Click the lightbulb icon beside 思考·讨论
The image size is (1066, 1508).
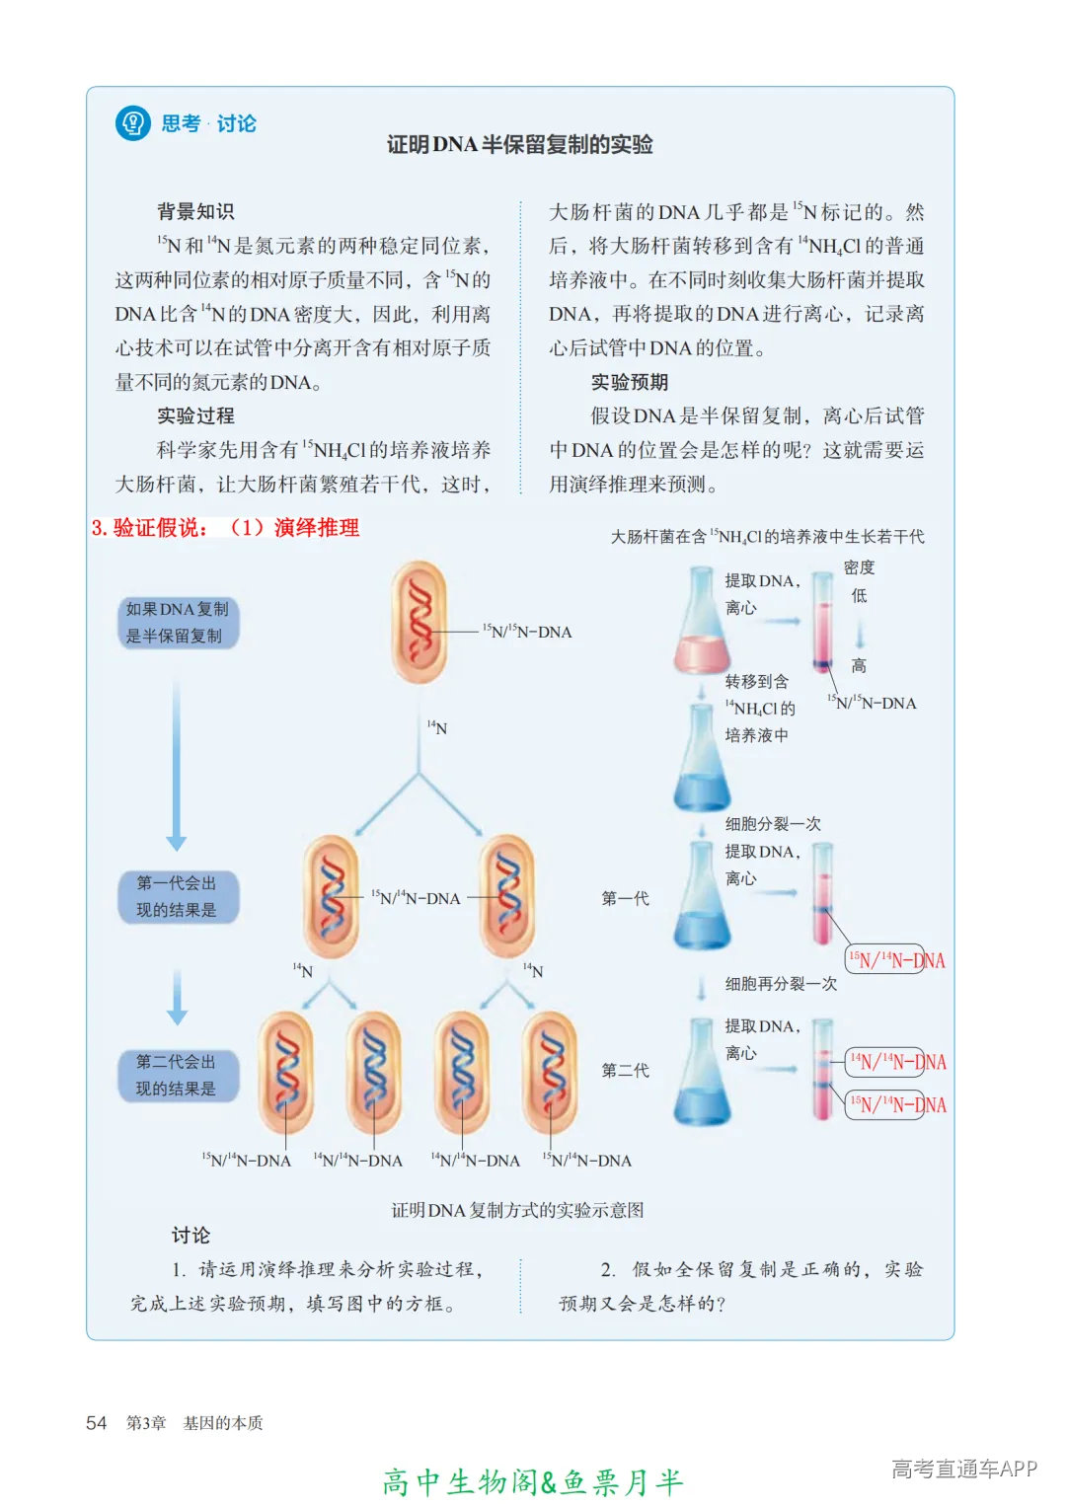click(132, 123)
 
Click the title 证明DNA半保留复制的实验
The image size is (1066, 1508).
click(519, 144)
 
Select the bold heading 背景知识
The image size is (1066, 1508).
click(195, 211)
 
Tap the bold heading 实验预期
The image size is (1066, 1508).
click(629, 382)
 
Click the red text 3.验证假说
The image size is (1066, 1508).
click(150, 528)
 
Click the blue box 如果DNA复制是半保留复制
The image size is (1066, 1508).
click(177, 623)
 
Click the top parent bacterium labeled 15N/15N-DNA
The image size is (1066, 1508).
click(419, 622)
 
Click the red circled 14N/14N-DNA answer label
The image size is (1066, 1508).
click(896, 1062)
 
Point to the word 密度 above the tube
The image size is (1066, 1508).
click(859, 567)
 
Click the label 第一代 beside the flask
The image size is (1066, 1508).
click(625, 898)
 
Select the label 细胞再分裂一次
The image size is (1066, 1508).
click(781, 984)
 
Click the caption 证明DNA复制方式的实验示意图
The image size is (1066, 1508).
click(517, 1210)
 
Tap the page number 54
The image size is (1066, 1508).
click(96, 1422)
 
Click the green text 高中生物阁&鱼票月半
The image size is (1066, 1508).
click(532, 1481)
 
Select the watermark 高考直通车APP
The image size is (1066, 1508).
click(963, 1469)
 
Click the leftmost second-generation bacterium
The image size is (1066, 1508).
click(286, 1073)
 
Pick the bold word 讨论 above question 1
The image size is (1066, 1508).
click(190, 1235)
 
